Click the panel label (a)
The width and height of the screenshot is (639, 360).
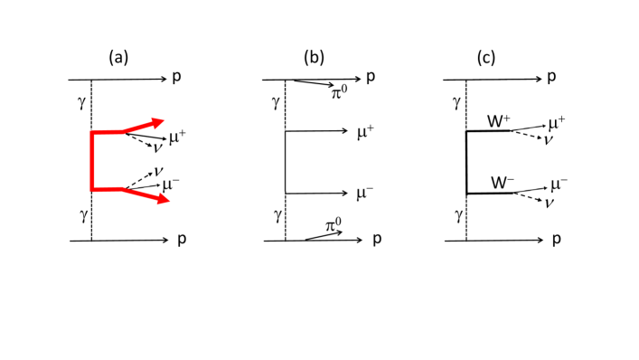[x=118, y=58]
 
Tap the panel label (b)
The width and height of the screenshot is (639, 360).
[x=314, y=58]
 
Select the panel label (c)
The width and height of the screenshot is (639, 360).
[x=485, y=58]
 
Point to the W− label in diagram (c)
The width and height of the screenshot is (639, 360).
[x=503, y=183]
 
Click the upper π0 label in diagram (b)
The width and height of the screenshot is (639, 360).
[x=339, y=91]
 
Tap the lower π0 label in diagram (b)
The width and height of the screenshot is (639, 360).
[x=334, y=224]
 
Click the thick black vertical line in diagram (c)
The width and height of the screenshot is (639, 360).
[x=466, y=163]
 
